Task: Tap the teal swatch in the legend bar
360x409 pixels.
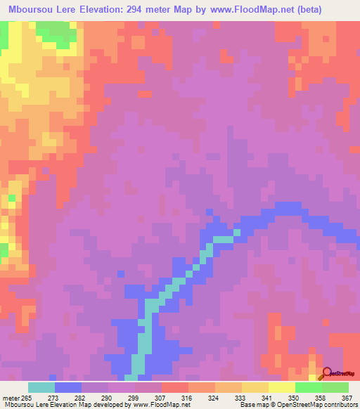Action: (x=41, y=388)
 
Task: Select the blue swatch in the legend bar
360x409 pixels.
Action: (x=68, y=388)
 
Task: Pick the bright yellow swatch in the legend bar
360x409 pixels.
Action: (x=282, y=388)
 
